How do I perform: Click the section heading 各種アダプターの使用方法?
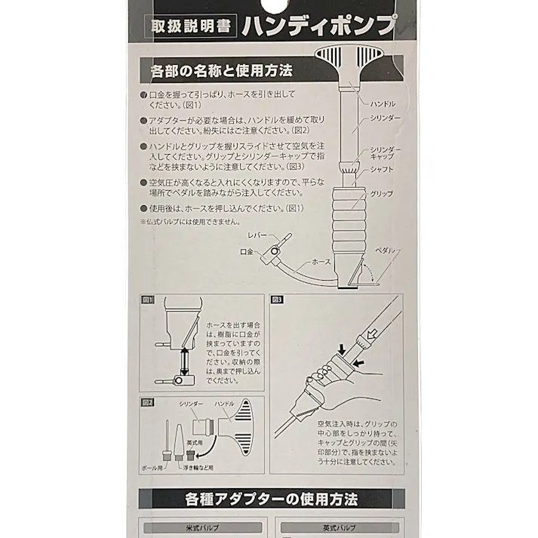click(272, 499)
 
